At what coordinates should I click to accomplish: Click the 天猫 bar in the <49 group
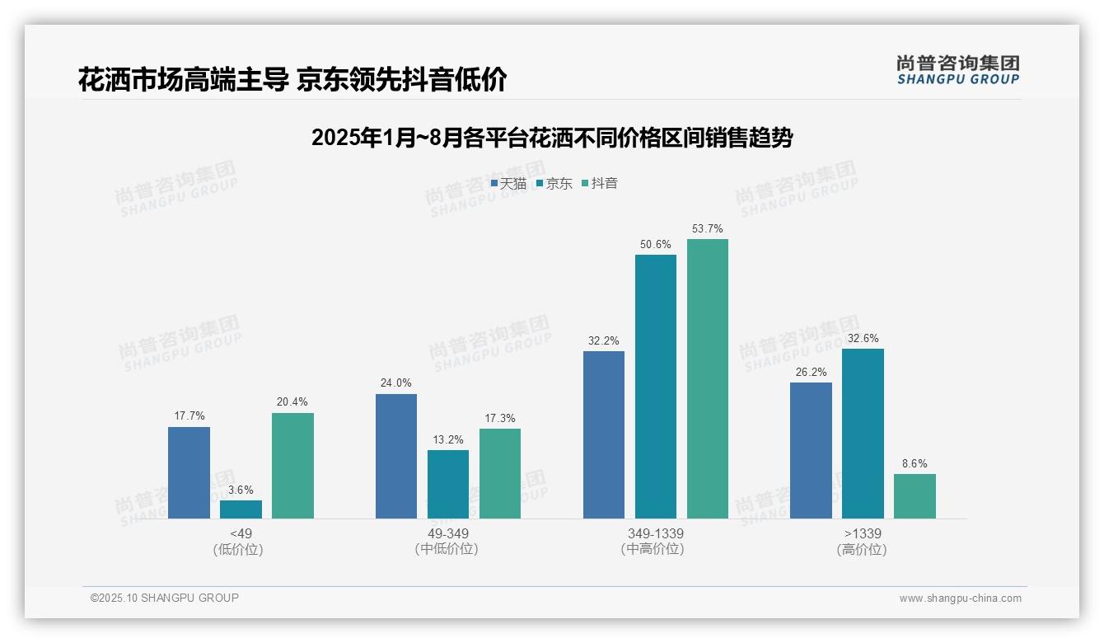coord(189,472)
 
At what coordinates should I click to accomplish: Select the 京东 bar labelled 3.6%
coord(241,509)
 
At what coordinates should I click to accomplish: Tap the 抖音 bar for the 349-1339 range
coord(708,378)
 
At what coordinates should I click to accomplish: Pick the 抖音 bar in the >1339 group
coord(915,496)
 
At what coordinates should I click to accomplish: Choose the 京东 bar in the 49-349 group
coord(448,484)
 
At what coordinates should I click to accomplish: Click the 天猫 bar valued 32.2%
coord(604,434)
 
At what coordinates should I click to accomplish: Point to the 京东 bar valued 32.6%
coord(863,434)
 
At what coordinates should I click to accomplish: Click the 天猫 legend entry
coord(508,184)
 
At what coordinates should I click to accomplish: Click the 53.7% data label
coord(708,228)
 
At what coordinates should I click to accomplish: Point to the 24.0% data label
coord(396,383)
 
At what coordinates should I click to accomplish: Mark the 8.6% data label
coord(915,463)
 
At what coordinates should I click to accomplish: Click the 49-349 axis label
coord(447,533)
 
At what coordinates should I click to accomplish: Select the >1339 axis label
coord(863,533)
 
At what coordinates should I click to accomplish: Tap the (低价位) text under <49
coord(238,549)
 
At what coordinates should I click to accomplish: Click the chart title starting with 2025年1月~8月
coord(552,138)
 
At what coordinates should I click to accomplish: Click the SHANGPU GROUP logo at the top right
coord(957,70)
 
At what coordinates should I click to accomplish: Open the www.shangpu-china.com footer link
coord(960,598)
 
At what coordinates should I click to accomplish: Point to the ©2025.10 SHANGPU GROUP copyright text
coord(165,598)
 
